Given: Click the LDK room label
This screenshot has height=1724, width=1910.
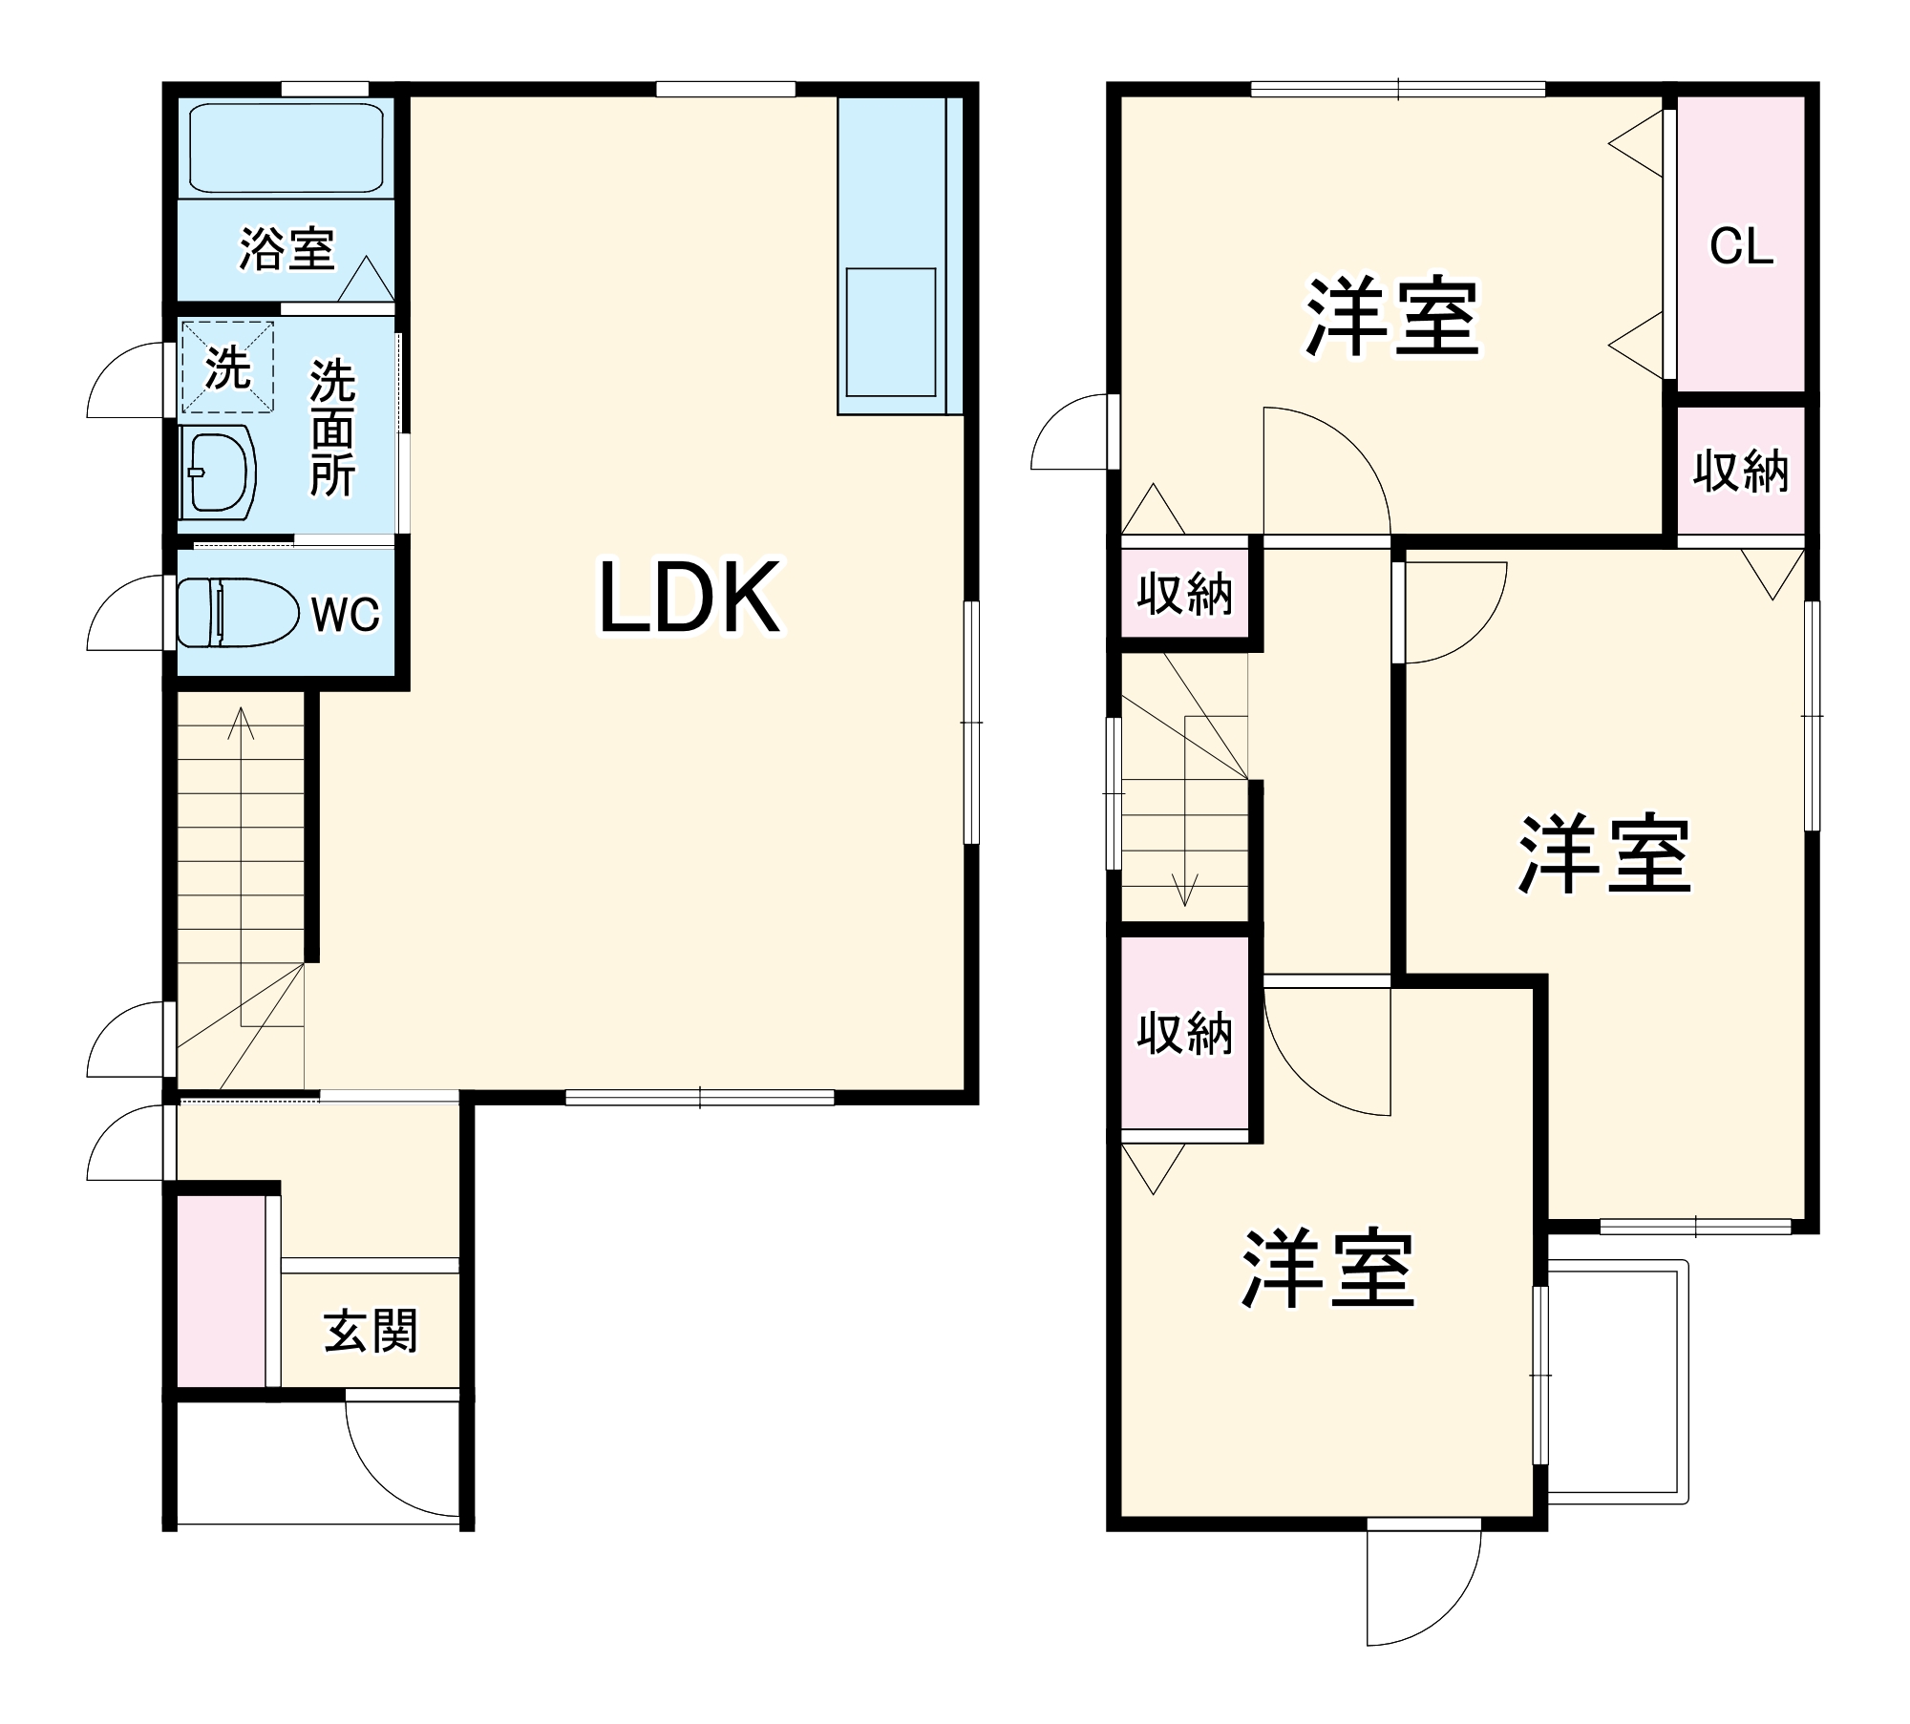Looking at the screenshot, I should (690, 599).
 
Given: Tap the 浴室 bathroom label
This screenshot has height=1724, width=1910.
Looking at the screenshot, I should (286, 249).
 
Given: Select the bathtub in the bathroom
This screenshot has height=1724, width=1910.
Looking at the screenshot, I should (286, 148).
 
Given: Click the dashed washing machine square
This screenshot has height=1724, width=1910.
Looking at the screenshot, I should (227, 368).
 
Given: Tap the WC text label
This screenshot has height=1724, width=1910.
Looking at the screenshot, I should (345, 614).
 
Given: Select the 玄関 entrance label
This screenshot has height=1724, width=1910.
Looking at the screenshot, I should (371, 1331).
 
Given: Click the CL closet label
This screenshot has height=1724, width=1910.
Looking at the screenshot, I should (1741, 247).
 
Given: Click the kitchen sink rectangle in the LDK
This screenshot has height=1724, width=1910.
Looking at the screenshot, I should (890, 331).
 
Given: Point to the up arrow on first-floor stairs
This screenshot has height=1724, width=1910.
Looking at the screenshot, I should (241, 725).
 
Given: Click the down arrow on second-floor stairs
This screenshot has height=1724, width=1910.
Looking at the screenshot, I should (1185, 893).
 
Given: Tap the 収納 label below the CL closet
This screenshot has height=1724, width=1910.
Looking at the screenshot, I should (1740, 471).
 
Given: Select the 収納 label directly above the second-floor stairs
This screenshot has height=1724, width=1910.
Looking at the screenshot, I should (1184, 595).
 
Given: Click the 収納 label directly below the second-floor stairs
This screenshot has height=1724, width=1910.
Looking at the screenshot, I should (1184, 1033).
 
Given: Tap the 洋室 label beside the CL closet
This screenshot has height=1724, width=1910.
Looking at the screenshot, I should (1392, 316).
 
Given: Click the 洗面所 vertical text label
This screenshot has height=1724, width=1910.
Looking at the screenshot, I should (332, 429).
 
